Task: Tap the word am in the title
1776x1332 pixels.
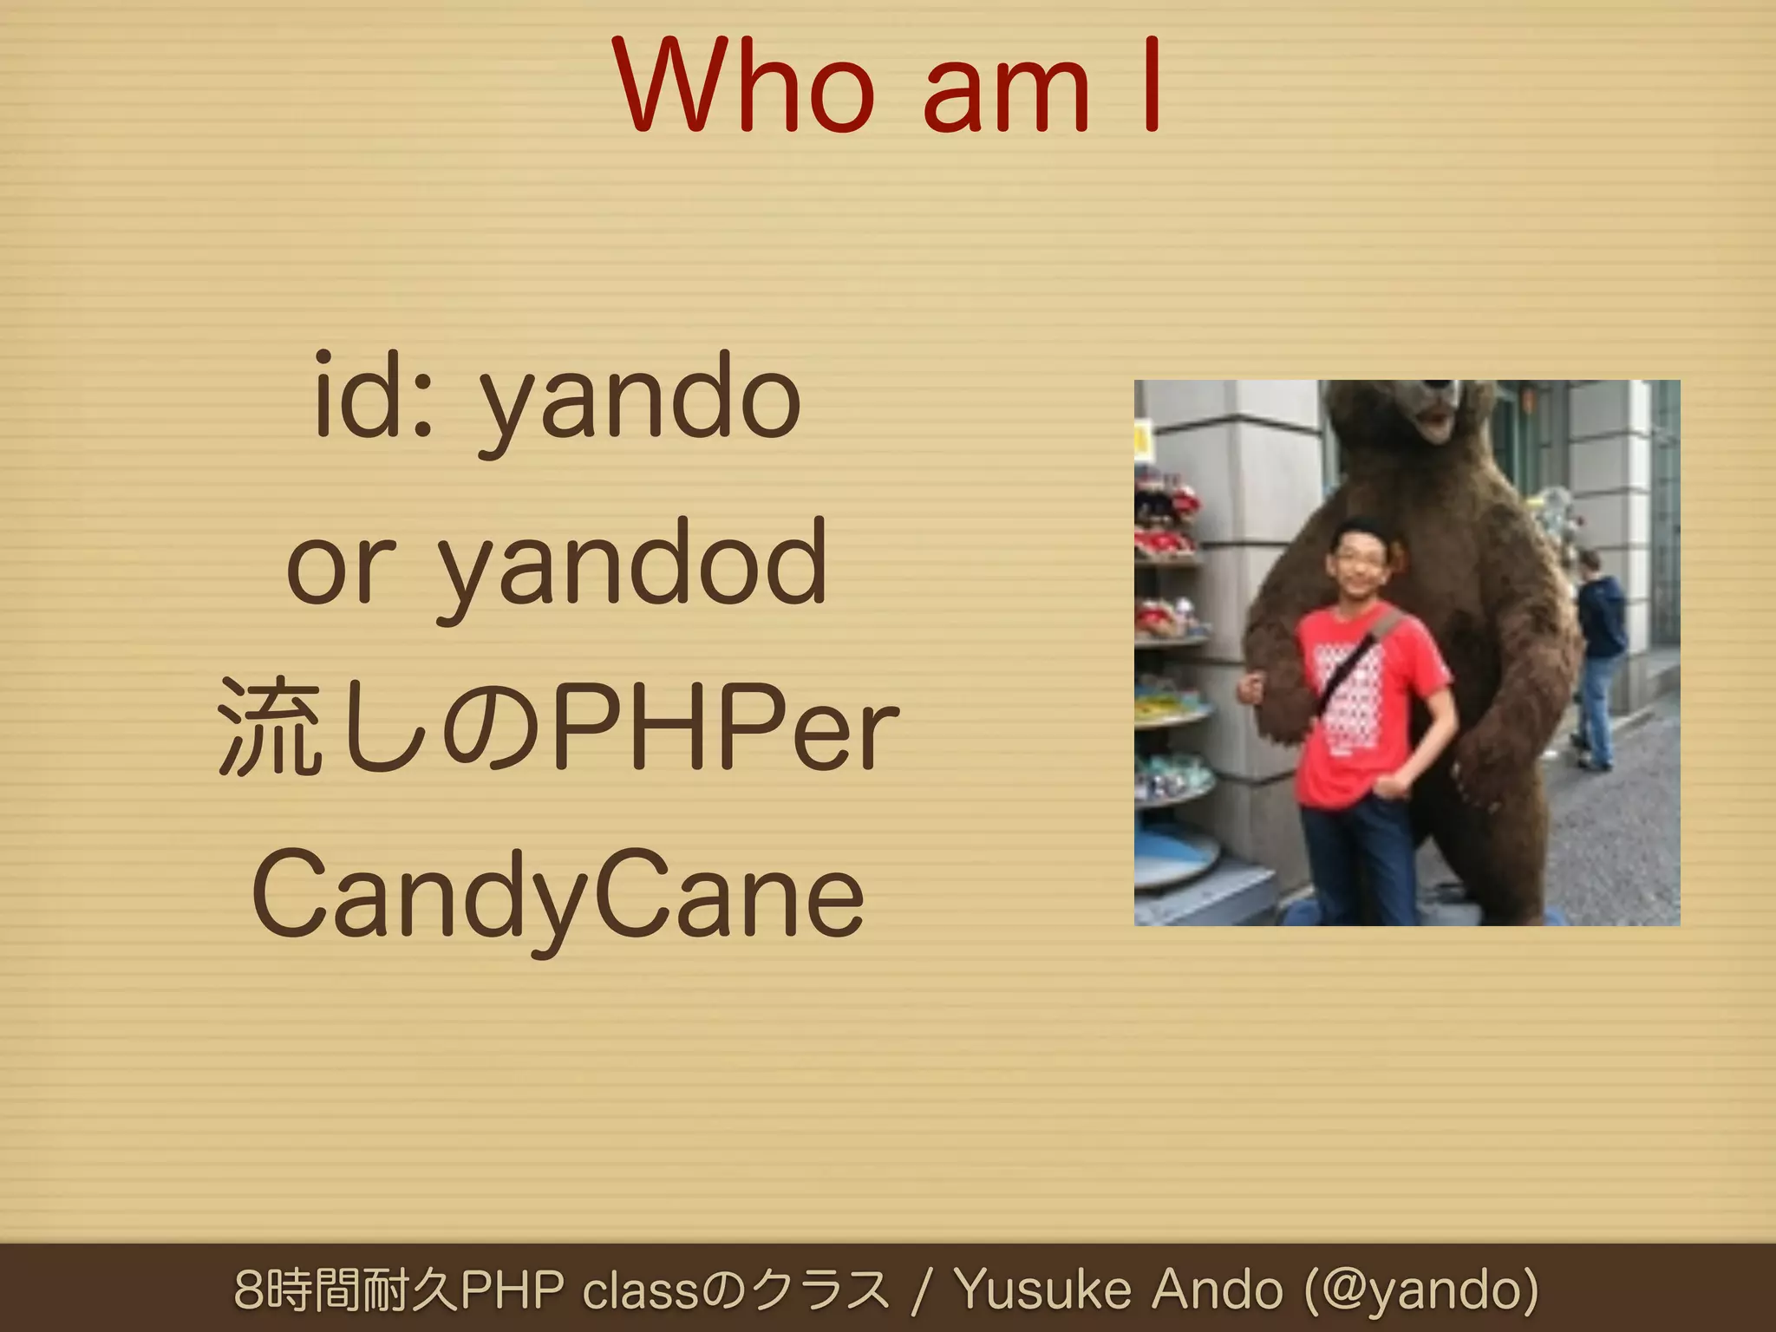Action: click(1006, 97)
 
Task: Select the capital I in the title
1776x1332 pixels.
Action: click(1152, 87)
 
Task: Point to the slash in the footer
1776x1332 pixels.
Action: click(921, 1290)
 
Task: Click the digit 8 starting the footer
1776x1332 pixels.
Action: click(250, 1290)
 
